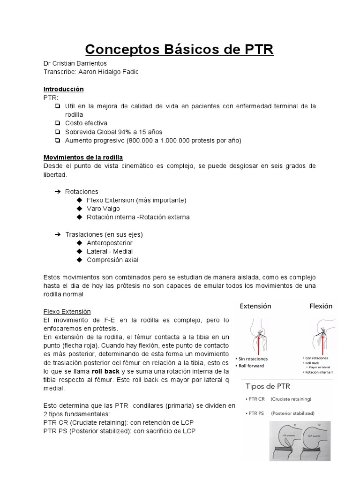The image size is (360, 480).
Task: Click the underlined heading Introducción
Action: (x=63, y=89)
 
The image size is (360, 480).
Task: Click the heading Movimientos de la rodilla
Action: (x=83, y=157)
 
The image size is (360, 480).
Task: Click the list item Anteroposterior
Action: (x=109, y=243)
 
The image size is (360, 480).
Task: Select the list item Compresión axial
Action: (x=112, y=260)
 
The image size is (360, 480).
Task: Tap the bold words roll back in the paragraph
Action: (x=106, y=371)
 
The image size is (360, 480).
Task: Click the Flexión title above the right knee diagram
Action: (x=321, y=306)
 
